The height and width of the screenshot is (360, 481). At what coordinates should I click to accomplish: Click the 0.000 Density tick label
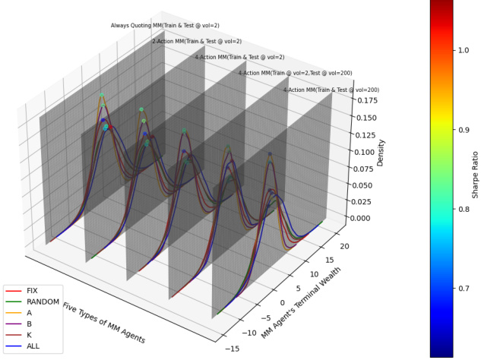pos(366,218)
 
